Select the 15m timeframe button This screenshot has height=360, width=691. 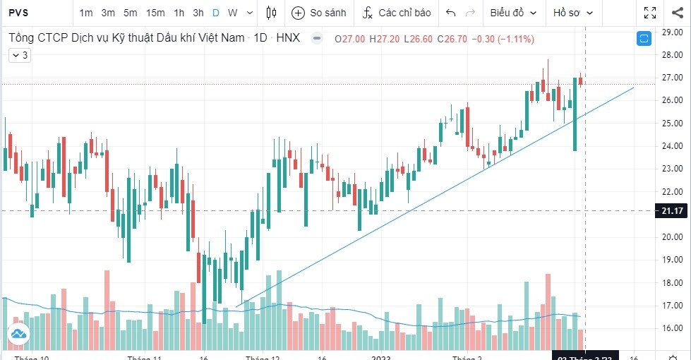(x=155, y=13)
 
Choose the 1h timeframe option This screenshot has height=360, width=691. (x=179, y=13)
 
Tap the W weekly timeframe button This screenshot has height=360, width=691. (x=232, y=13)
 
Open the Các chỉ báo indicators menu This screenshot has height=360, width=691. (x=395, y=13)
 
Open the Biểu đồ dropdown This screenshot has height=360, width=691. (x=513, y=13)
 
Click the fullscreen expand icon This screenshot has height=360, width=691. (x=650, y=13)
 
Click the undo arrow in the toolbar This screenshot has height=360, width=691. (x=451, y=13)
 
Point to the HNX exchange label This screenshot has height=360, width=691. (x=288, y=38)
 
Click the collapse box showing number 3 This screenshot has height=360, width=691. (x=18, y=54)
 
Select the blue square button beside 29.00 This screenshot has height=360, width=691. (x=644, y=39)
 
